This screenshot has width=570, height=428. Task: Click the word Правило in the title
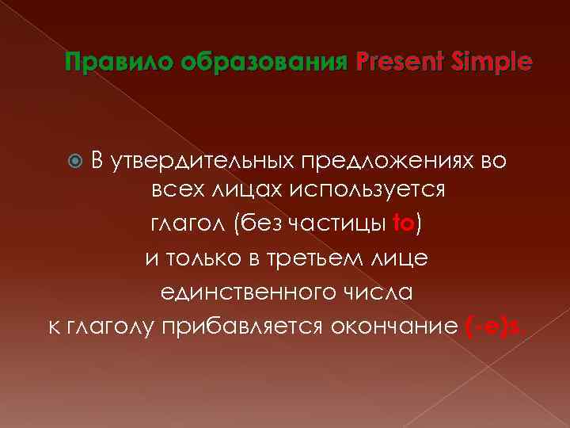coord(108,61)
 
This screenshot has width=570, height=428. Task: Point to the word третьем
coord(320,258)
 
